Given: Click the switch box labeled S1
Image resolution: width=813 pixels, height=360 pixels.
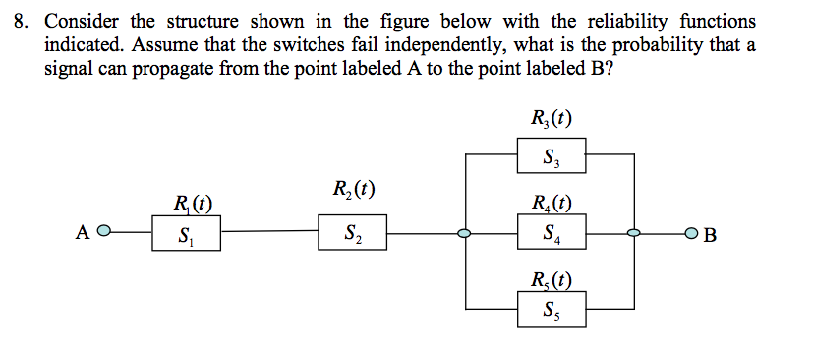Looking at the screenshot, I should pyautogui.click(x=186, y=235).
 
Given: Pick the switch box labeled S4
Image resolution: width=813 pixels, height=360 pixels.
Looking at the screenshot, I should pyautogui.click(x=552, y=235).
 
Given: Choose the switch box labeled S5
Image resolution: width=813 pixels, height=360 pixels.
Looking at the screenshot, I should pyautogui.click(x=552, y=313).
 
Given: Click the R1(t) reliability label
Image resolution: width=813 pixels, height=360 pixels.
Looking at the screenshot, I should pyautogui.click(x=191, y=206).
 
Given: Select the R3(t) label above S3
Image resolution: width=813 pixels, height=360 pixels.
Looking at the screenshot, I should pyautogui.click(x=551, y=121).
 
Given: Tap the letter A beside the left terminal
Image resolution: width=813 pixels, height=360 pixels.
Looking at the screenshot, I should pyautogui.click(x=83, y=234).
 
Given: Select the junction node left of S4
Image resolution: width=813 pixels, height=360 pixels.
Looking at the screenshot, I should pyautogui.click(x=464, y=234).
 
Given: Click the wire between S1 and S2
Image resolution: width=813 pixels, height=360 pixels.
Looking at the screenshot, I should pyautogui.click(x=268, y=234).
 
